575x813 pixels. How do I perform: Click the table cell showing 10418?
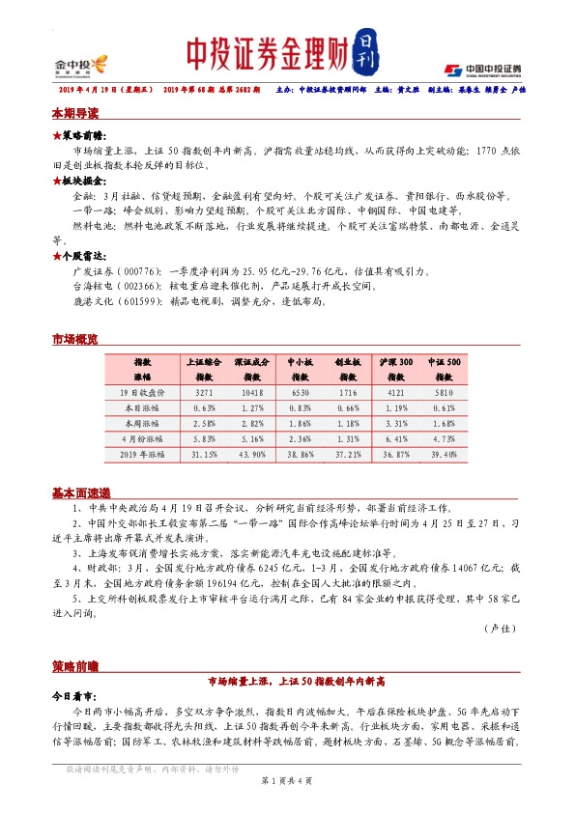click(251, 394)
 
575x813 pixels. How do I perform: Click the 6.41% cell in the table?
click(395, 437)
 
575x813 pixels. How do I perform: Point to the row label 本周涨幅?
click(143, 423)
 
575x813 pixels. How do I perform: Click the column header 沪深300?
click(395, 360)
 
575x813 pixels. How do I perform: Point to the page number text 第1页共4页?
click(287, 780)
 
